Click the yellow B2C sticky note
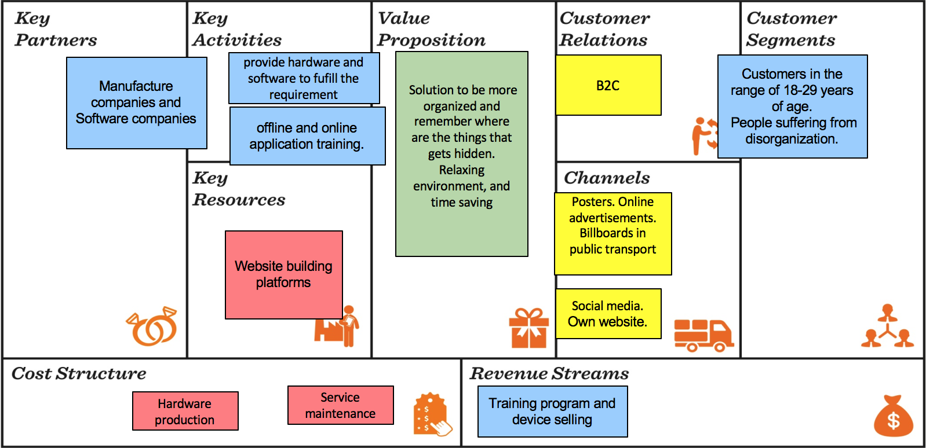(x=608, y=85)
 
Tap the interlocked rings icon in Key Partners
(x=152, y=326)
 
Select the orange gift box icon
(x=528, y=328)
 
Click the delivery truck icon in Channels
(x=703, y=335)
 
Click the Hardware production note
(x=185, y=412)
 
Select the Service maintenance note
(x=341, y=406)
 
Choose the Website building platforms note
(x=283, y=274)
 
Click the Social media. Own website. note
(x=608, y=314)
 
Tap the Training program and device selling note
(x=552, y=412)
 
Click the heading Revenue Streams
(x=549, y=374)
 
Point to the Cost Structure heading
(x=79, y=374)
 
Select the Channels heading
(x=607, y=178)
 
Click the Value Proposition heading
(x=431, y=30)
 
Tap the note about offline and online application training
(x=307, y=136)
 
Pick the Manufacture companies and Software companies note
(x=136, y=103)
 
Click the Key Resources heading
(x=239, y=189)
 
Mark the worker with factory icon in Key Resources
(x=337, y=326)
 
